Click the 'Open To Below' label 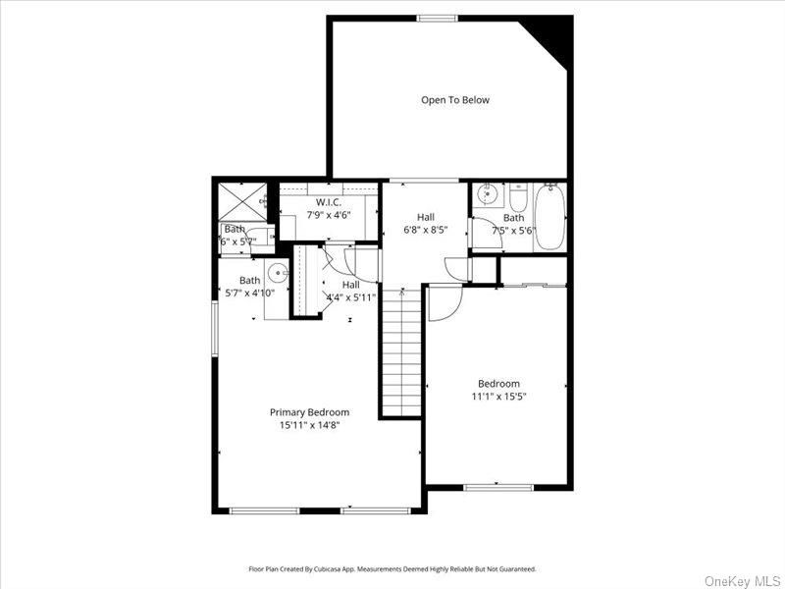(455, 100)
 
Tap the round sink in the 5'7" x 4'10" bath (278, 274)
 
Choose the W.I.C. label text (328, 202)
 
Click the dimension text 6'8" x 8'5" (426, 232)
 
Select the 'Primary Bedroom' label (309, 412)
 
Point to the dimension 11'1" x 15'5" (498, 397)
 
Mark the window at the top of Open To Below (437, 18)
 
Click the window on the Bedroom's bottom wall (497, 487)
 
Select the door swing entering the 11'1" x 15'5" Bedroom (442, 301)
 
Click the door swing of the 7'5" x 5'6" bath (485, 234)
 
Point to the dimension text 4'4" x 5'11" (350, 297)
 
